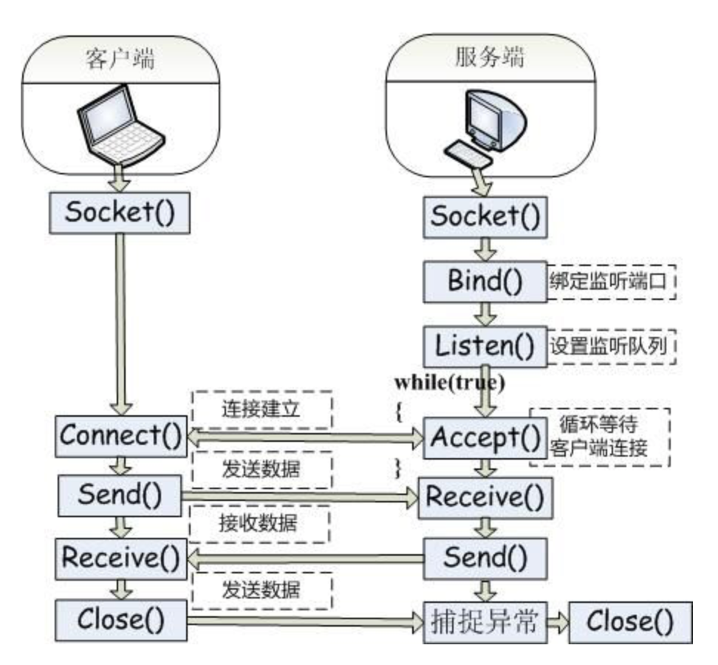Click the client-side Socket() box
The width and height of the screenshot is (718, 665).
pyautogui.click(x=120, y=214)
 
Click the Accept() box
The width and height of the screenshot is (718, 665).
pyautogui.click(x=485, y=439)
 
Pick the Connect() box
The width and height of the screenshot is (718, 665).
pyautogui.click(x=120, y=436)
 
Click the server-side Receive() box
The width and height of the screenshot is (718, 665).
pyautogui.click(x=485, y=497)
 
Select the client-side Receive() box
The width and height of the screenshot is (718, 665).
pyautogui.click(x=120, y=559)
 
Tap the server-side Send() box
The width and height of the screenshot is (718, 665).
pyautogui.click(x=485, y=558)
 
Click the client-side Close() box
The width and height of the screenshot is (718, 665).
pyautogui.click(x=120, y=619)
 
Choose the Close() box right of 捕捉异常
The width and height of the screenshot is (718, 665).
pyautogui.click(x=630, y=623)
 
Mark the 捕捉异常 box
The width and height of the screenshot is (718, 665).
pyautogui.click(x=484, y=623)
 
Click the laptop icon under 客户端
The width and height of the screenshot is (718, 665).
pyautogui.click(x=120, y=125)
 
